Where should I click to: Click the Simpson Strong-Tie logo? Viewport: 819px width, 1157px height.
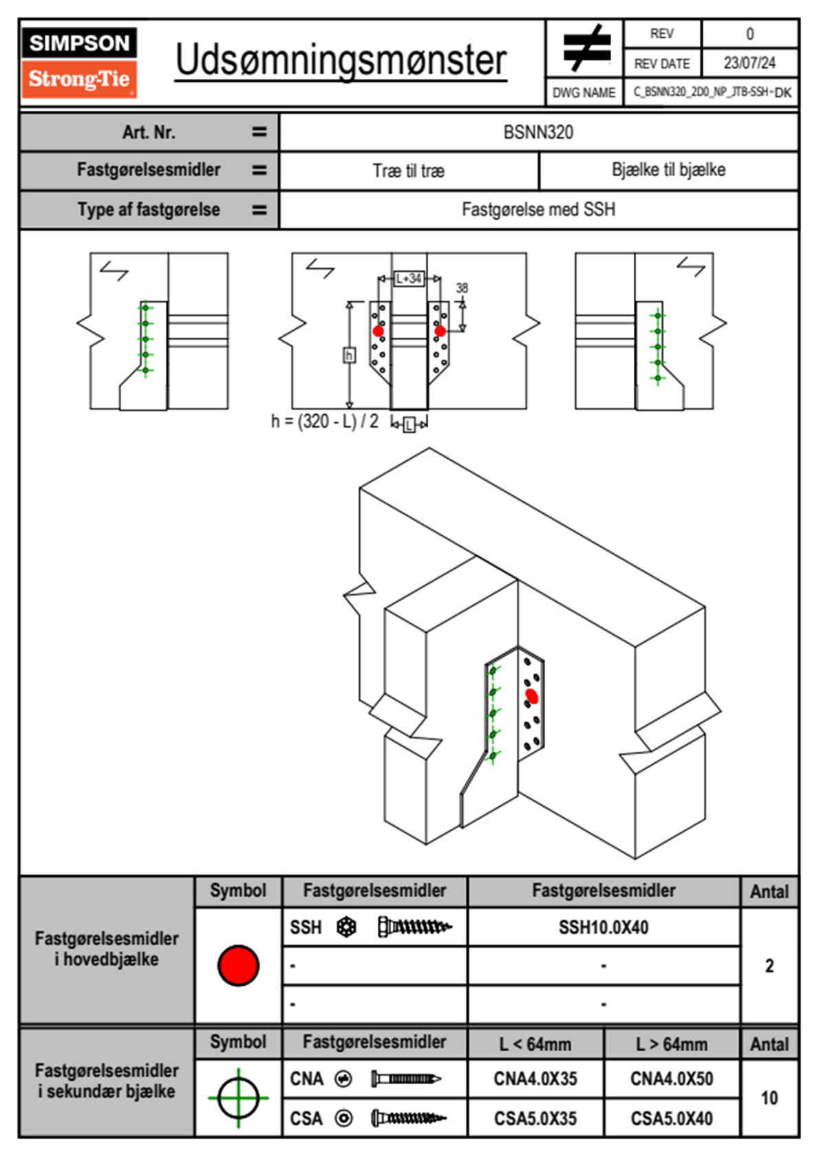pyautogui.click(x=78, y=63)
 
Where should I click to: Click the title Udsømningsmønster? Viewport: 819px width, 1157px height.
pyautogui.click(x=341, y=61)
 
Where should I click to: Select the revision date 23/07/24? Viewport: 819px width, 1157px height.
pyautogui.click(x=749, y=63)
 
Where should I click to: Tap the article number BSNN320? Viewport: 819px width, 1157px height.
pyautogui.click(x=538, y=132)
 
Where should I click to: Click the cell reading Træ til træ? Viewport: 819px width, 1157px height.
pyautogui.click(x=408, y=171)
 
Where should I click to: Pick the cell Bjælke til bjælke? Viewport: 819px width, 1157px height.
pyautogui.click(x=668, y=170)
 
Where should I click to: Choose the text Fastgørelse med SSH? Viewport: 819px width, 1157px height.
pyautogui.click(x=538, y=209)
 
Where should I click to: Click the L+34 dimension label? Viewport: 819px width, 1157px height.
pyautogui.click(x=409, y=279)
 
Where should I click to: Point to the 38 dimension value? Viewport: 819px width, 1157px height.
pyautogui.click(x=462, y=288)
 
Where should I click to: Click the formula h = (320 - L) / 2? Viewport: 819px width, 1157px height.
pyautogui.click(x=325, y=421)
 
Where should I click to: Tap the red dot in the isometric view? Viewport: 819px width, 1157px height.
pyautogui.click(x=531, y=696)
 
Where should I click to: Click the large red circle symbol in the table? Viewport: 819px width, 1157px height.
pyautogui.click(x=238, y=965)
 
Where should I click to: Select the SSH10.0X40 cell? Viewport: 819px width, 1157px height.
pyautogui.click(x=604, y=927)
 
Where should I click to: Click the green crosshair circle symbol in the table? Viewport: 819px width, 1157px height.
pyautogui.click(x=238, y=1098)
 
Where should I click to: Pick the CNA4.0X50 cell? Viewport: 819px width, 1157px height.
pyautogui.click(x=672, y=1079)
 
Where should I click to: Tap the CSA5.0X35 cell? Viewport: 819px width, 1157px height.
pyautogui.click(x=535, y=1118)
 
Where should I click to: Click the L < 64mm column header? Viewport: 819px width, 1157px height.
pyautogui.click(x=535, y=1044)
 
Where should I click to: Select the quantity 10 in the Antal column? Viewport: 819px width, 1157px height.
pyautogui.click(x=769, y=1098)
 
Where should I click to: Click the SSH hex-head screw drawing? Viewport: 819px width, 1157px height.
pyautogui.click(x=414, y=927)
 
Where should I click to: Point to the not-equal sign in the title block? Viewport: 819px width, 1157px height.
pyautogui.click(x=586, y=48)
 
